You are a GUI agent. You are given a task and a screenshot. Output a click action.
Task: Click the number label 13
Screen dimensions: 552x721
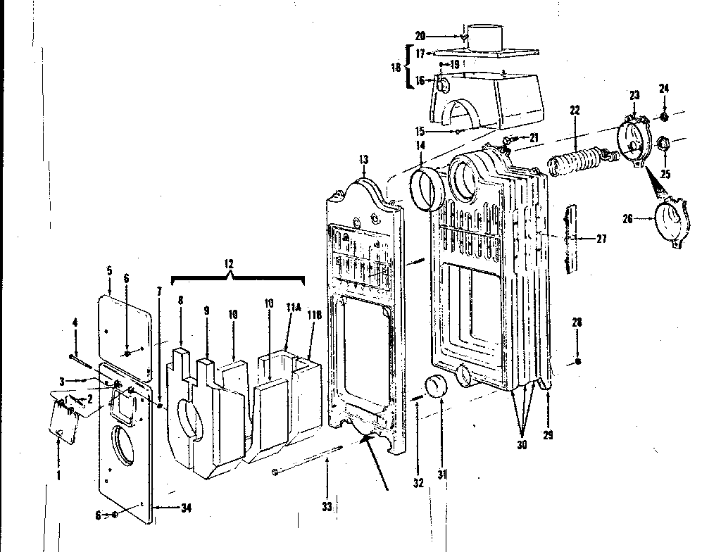pos(363,161)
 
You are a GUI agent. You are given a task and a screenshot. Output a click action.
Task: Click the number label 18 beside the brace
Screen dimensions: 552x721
pos(396,68)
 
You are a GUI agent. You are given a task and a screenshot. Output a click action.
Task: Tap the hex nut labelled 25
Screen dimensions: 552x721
pos(663,145)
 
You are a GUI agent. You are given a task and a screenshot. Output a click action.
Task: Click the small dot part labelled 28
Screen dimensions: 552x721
pos(577,361)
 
